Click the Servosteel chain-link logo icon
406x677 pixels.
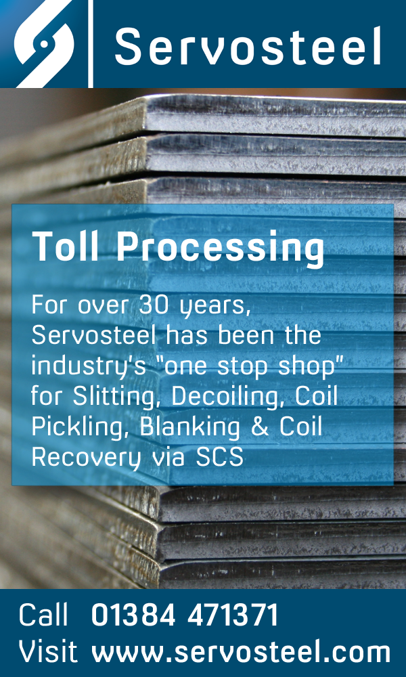pos(44,43)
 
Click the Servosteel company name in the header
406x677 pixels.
pos(248,47)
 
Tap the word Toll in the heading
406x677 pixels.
pos(68,246)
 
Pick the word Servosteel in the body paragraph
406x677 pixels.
pos(93,336)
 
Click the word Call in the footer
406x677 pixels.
pos(43,615)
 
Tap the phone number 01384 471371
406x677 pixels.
pos(185,615)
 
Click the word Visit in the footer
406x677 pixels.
pos(48,651)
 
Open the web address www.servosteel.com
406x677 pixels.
pos(241,651)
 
